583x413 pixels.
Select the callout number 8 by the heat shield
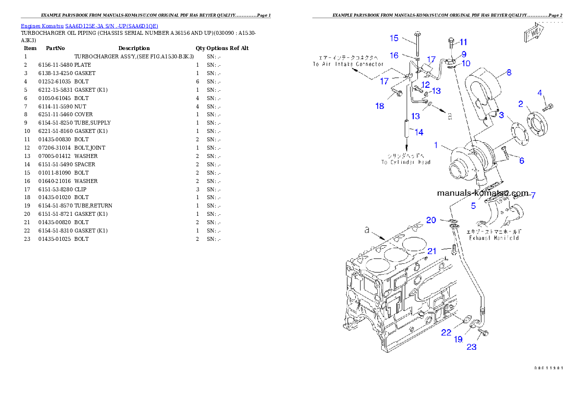coord(509,73)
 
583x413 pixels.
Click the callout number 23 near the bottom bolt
coord(471,347)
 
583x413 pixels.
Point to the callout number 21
coord(432,251)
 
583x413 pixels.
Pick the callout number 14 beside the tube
coord(419,132)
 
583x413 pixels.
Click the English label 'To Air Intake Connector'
coord(348,64)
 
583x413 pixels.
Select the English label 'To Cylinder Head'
coord(406,162)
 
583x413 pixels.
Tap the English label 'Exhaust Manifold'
coord(494,238)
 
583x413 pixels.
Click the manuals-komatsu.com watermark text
coord(483,193)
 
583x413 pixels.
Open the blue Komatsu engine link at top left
coord(89,26)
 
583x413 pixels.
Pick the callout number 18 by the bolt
coord(380,106)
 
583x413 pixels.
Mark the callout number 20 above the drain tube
coord(431,220)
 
